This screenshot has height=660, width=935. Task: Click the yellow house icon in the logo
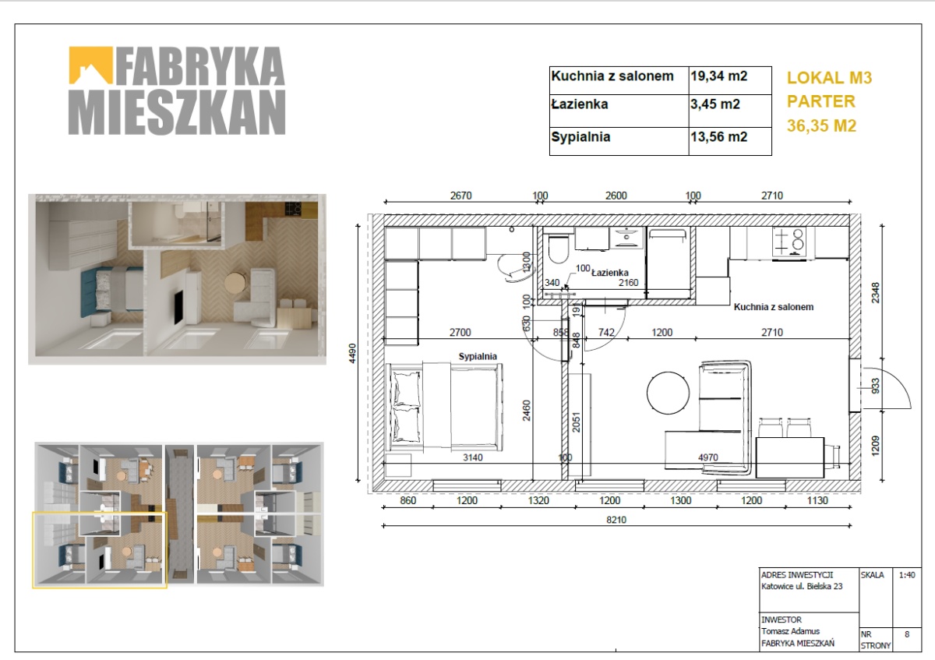[x=90, y=65]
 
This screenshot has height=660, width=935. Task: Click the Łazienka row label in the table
[x=580, y=104]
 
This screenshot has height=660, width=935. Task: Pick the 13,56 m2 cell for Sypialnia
[x=718, y=137]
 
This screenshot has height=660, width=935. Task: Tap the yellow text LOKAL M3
[x=829, y=78]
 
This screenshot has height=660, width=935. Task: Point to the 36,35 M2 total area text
[x=821, y=125]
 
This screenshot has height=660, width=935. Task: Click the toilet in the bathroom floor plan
[x=559, y=249]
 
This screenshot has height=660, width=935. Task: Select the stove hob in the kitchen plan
[x=789, y=242]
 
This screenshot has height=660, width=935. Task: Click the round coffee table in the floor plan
[x=668, y=393]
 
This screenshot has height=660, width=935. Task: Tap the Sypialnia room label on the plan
[x=478, y=357]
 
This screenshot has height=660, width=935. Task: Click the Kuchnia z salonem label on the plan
[x=774, y=307]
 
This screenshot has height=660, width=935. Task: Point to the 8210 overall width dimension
[x=616, y=521]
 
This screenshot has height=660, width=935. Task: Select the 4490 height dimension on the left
[x=352, y=353]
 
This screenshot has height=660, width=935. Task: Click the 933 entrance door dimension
[x=875, y=386]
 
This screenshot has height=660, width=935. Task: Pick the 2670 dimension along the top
[x=460, y=196]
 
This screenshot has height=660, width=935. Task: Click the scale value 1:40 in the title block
[x=907, y=575]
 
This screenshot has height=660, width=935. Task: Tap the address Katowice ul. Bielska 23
[x=802, y=587]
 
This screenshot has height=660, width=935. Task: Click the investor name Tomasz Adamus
[x=790, y=632]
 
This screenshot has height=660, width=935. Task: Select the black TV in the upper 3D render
[x=178, y=307]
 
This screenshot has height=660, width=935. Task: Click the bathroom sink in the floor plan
[x=626, y=238]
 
